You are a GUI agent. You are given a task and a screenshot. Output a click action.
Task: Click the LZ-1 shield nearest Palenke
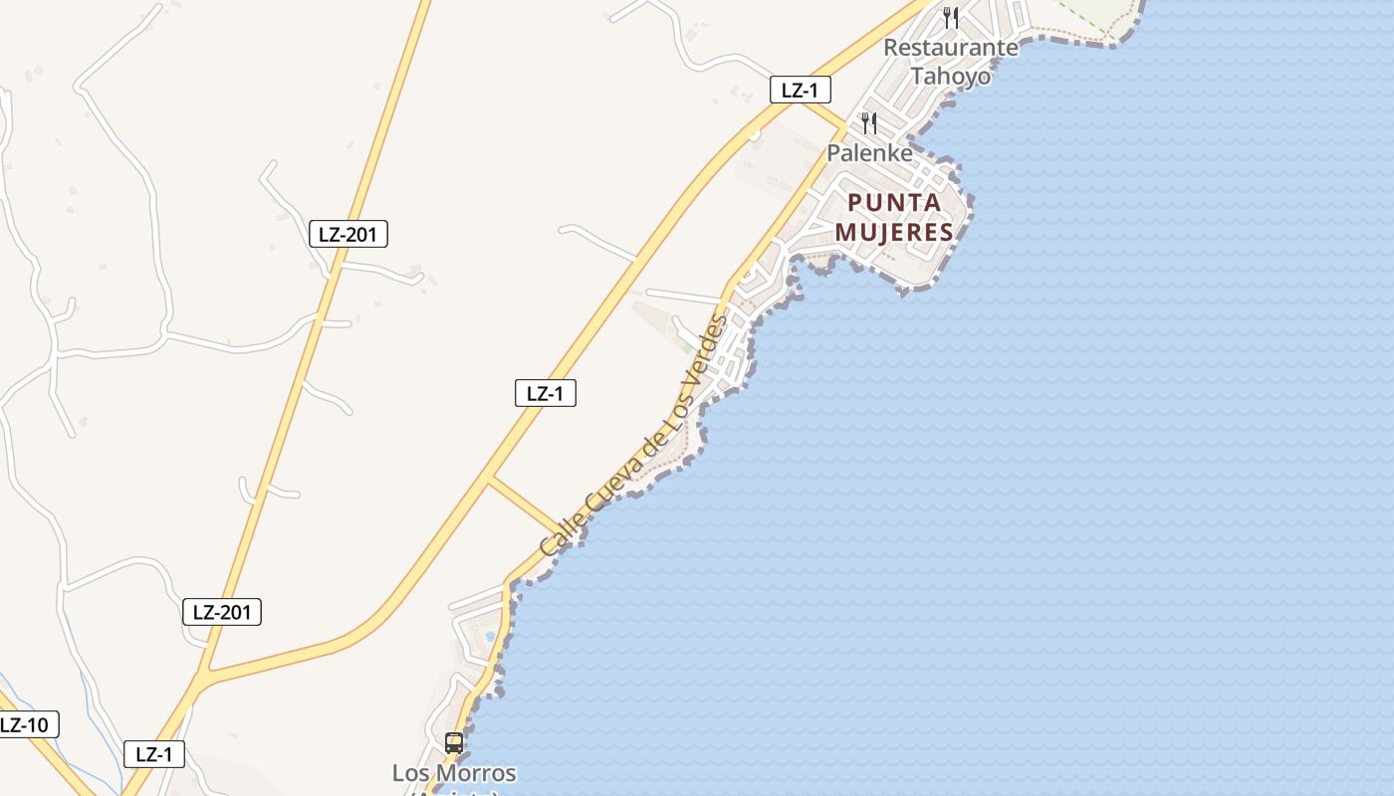coord(800,90)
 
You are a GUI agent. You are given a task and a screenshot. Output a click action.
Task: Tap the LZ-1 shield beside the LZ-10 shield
coord(154,754)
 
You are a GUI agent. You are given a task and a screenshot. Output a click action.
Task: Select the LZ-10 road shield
coord(25,724)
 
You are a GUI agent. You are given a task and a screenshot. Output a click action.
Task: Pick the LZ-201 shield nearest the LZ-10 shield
coord(222,612)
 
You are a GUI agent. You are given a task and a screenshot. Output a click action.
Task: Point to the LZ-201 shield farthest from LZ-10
coord(348,234)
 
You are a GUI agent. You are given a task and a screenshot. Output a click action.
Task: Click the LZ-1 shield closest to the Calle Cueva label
coord(545,393)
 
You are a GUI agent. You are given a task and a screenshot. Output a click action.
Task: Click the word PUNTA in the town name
coord(894,203)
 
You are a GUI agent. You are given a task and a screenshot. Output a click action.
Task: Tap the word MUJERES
coord(894,233)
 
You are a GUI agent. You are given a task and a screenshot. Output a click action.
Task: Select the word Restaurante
coord(951,47)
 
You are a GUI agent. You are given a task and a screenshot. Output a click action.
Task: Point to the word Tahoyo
coord(951,76)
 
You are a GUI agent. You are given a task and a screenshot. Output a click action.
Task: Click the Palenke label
coord(869,153)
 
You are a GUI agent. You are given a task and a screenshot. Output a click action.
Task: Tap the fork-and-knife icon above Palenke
coord(869,123)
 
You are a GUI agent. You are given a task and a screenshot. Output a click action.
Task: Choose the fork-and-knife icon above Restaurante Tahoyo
coord(951,17)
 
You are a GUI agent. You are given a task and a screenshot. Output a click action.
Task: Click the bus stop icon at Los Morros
coord(454,742)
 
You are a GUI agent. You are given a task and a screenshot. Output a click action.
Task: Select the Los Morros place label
coord(454,773)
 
